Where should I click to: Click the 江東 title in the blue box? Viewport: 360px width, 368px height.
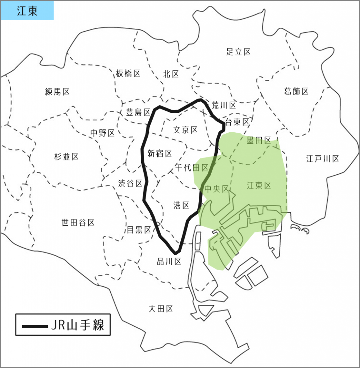pyautogui.click(x=27, y=11)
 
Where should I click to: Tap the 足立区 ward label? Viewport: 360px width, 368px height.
pyautogui.click(x=239, y=52)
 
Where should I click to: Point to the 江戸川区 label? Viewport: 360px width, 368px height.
pyautogui.click(x=323, y=158)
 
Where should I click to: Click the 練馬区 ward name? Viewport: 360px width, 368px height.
pyautogui.click(x=57, y=92)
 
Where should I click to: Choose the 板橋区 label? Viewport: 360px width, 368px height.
pyautogui.click(x=128, y=74)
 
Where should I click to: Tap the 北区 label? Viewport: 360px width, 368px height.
pyautogui.click(x=171, y=74)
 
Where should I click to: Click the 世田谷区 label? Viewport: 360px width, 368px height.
pyautogui.click(x=78, y=223)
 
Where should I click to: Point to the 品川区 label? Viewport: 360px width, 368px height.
pyautogui.click(x=169, y=262)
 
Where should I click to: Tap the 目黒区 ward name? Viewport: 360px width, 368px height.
pyautogui.click(x=139, y=230)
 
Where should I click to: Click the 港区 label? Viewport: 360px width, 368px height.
pyautogui.click(x=181, y=205)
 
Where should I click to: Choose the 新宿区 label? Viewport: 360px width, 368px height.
pyautogui.click(x=160, y=154)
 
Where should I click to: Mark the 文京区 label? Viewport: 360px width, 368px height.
pyautogui.click(x=185, y=130)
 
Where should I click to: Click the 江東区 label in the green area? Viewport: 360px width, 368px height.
pyautogui.click(x=259, y=186)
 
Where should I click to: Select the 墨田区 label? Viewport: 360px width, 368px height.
pyautogui.click(x=259, y=141)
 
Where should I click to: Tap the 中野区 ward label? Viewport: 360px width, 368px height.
pyautogui.click(x=102, y=133)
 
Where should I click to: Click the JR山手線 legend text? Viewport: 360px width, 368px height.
pyautogui.click(x=78, y=326)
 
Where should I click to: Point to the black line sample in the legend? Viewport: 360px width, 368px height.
pyautogui.click(x=35, y=326)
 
